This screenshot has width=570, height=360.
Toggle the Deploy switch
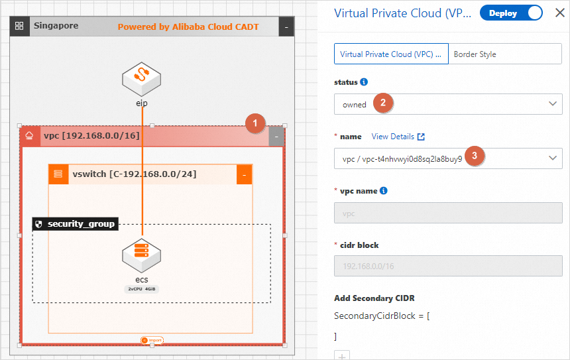511,13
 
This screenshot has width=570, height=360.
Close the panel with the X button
559,13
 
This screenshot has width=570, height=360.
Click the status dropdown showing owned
448,104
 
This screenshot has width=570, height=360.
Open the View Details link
398,137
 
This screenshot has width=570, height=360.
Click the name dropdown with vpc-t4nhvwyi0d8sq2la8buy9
448,158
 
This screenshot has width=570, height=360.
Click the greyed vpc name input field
448,213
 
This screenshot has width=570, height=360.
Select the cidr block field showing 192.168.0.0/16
448,267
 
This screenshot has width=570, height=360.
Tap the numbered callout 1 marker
255,123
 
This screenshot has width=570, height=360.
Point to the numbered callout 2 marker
382,103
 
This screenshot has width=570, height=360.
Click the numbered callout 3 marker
474,156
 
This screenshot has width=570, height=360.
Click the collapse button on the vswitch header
244,174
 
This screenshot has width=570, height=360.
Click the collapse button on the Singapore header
286,27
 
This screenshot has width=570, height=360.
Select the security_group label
75,224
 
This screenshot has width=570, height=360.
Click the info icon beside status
363,82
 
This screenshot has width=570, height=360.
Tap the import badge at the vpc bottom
152,340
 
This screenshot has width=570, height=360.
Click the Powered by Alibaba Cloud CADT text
188,27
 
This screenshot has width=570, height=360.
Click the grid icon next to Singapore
19,27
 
